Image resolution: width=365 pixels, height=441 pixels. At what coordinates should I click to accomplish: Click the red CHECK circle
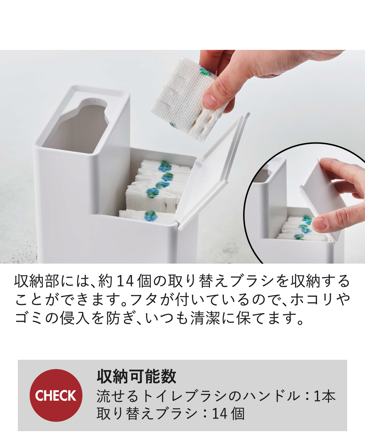tap(56, 395)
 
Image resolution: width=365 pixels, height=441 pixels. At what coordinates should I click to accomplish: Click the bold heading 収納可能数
tap(137, 377)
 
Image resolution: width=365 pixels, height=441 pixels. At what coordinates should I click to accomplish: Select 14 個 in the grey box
tap(228, 414)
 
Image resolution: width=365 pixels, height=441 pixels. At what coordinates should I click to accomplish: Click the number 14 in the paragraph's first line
tap(124, 281)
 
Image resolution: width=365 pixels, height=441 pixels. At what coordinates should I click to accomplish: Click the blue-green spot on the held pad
tap(205, 72)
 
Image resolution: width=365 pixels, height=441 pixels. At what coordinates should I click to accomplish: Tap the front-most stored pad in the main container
tap(148, 217)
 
